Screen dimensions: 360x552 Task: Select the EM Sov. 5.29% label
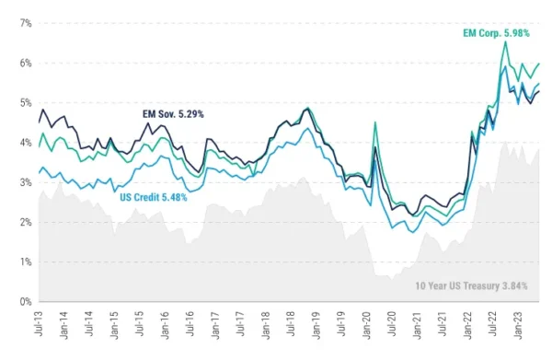[173, 114]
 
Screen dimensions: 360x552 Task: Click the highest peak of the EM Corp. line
[505, 41]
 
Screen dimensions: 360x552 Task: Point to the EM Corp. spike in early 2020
[375, 122]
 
